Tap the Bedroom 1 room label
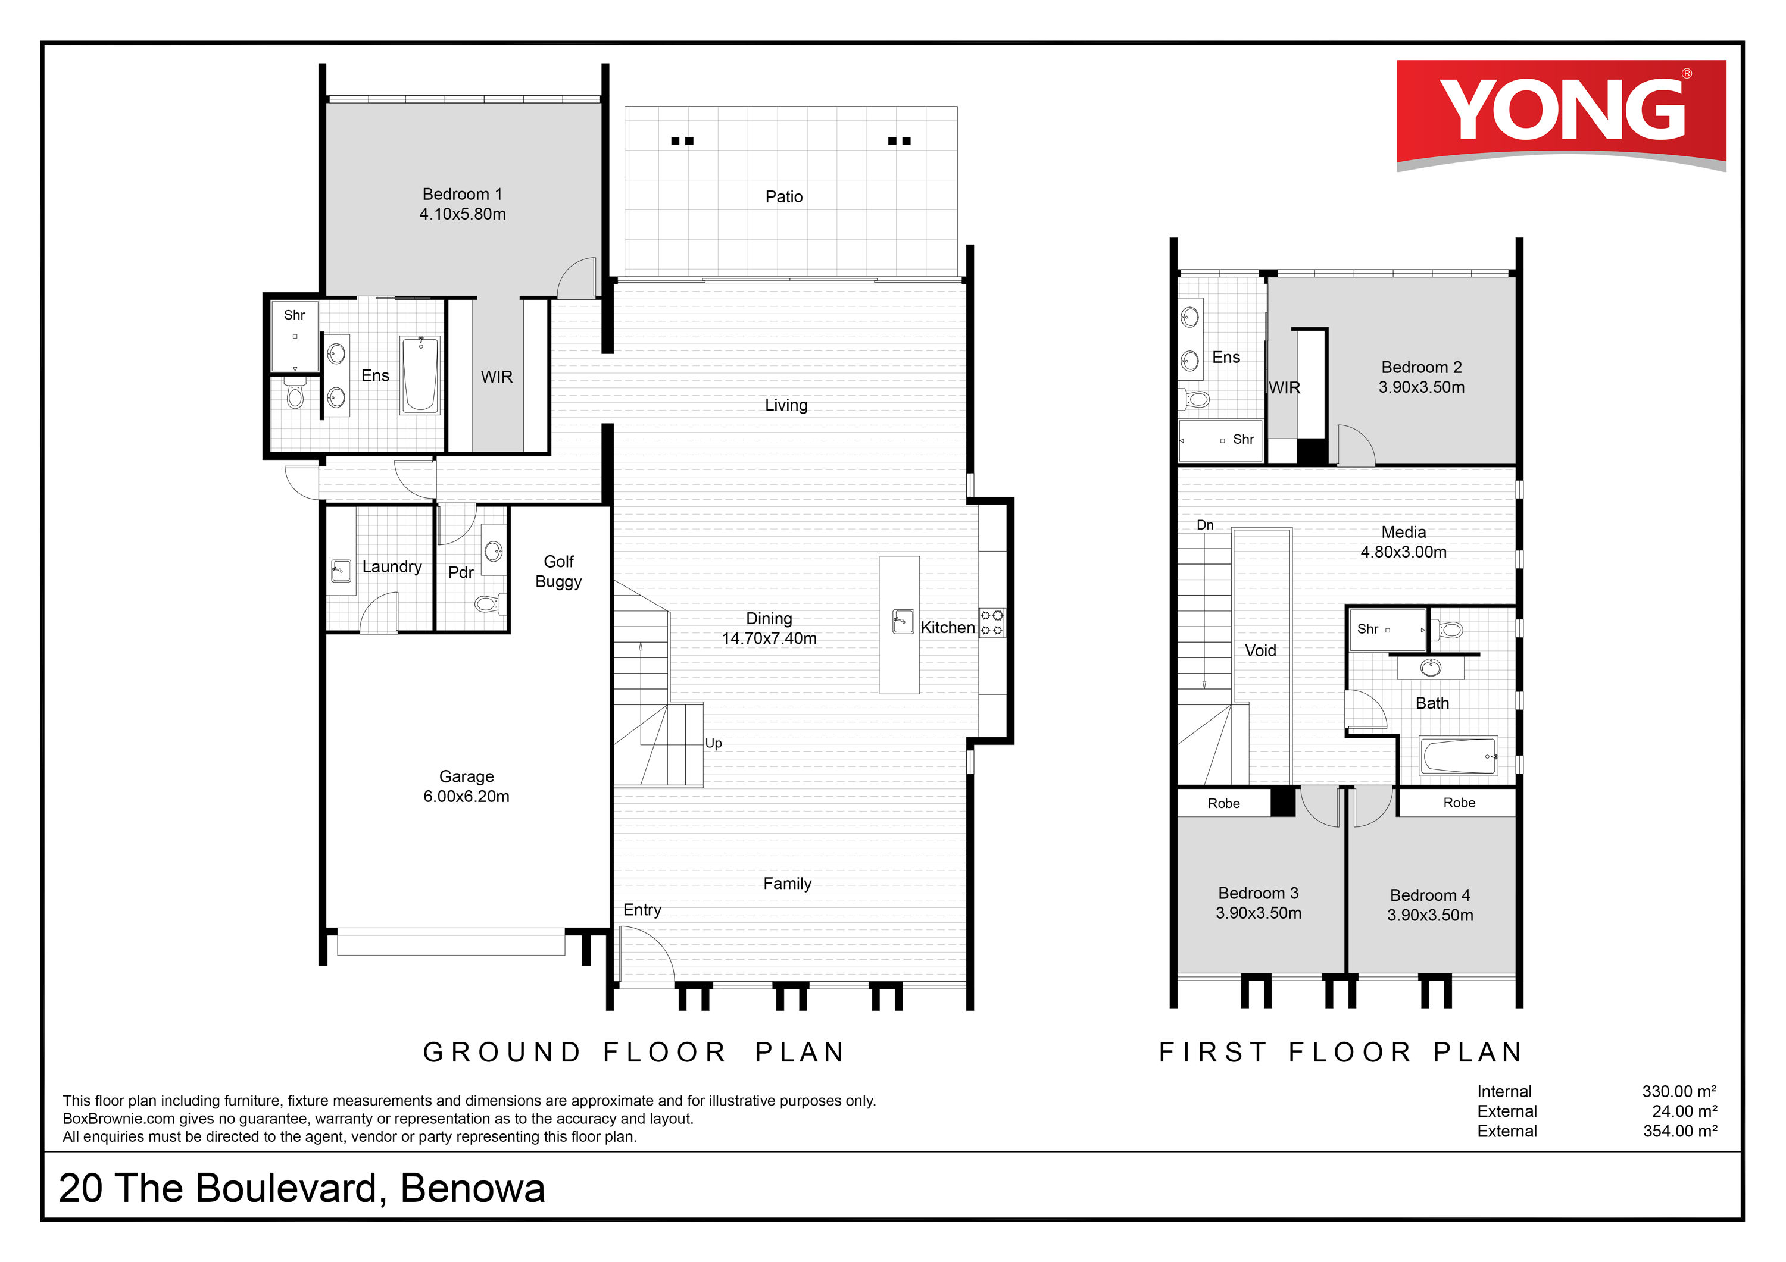462,195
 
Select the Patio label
783,197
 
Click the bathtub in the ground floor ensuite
420,375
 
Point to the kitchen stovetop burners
992,623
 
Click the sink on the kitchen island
903,622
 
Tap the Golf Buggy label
558,572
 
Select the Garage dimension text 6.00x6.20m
466,796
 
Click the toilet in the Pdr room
490,603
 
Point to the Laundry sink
341,571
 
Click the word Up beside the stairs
713,743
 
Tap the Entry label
642,910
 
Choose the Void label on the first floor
1260,651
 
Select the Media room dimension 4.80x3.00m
1403,552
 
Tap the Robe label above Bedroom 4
1459,803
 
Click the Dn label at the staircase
1205,525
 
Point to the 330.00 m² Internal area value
1679,1092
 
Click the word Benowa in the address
472,1188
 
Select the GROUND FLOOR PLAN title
634,1052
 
